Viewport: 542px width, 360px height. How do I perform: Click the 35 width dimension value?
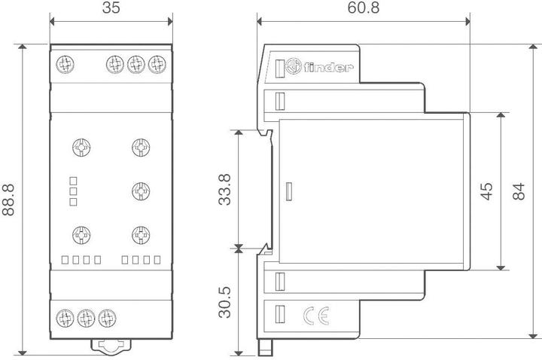pos(111,10)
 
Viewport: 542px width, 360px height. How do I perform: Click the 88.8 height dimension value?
pos(10,200)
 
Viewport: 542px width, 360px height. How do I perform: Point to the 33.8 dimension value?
pos(224,190)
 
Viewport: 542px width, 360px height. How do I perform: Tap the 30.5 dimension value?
pos(224,301)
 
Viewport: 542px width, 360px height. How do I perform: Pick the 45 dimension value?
pos(486,191)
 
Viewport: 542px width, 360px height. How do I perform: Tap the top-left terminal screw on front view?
pos(65,63)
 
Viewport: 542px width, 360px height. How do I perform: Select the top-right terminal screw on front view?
pos(157,63)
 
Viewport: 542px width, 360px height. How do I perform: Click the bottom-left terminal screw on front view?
pos(65,316)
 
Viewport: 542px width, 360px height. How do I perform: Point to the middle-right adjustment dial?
pos(139,190)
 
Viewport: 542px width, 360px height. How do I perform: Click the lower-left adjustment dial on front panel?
pos(80,234)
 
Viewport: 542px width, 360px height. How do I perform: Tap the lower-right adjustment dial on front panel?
pos(139,234)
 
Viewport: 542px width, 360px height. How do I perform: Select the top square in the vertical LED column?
pos(74,180)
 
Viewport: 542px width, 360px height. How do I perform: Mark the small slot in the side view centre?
pos(288,191)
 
